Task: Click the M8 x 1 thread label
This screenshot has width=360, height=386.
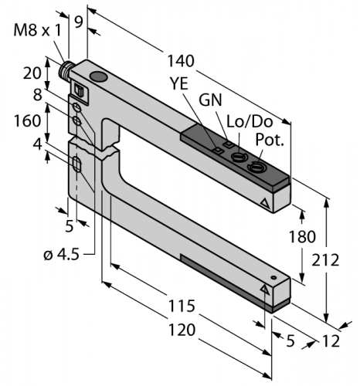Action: (37, 30)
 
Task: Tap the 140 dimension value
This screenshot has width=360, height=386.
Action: (181, 61)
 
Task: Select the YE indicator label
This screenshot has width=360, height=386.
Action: (179, 83)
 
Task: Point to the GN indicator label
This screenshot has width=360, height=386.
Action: (210, 100)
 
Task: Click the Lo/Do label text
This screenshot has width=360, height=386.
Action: (250, 121)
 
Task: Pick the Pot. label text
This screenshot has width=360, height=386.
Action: (270, 140)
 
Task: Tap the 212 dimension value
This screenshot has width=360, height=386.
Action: (325, 260)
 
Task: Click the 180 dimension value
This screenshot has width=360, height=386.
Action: (302, 237)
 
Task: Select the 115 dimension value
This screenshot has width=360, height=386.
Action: (182, 306)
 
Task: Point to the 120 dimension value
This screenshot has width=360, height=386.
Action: (182, 330)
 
